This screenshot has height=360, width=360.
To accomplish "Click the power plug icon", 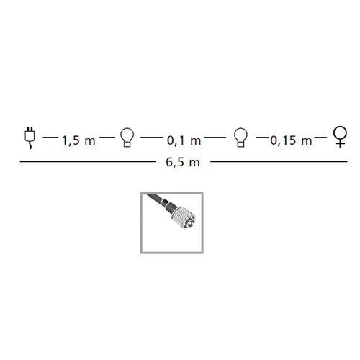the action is (x=30, y=139).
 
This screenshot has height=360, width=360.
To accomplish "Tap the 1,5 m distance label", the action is (x=78, y=140).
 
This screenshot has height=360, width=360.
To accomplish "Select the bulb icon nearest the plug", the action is (x=127, y=138).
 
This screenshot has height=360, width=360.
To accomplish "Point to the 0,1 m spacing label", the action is (x=184, y=140).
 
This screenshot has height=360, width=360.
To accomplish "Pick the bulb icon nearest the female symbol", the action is (x=240, y=138).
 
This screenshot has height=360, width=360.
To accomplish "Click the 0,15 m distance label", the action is (x=291, y=140).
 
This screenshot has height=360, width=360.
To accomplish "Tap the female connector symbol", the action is (x=340, y=138).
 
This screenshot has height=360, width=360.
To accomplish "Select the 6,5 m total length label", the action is (x=183, y=163).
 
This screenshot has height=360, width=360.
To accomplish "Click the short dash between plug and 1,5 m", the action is (x=50, y=138).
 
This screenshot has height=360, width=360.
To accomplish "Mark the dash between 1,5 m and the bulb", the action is (x=107, y=138).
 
